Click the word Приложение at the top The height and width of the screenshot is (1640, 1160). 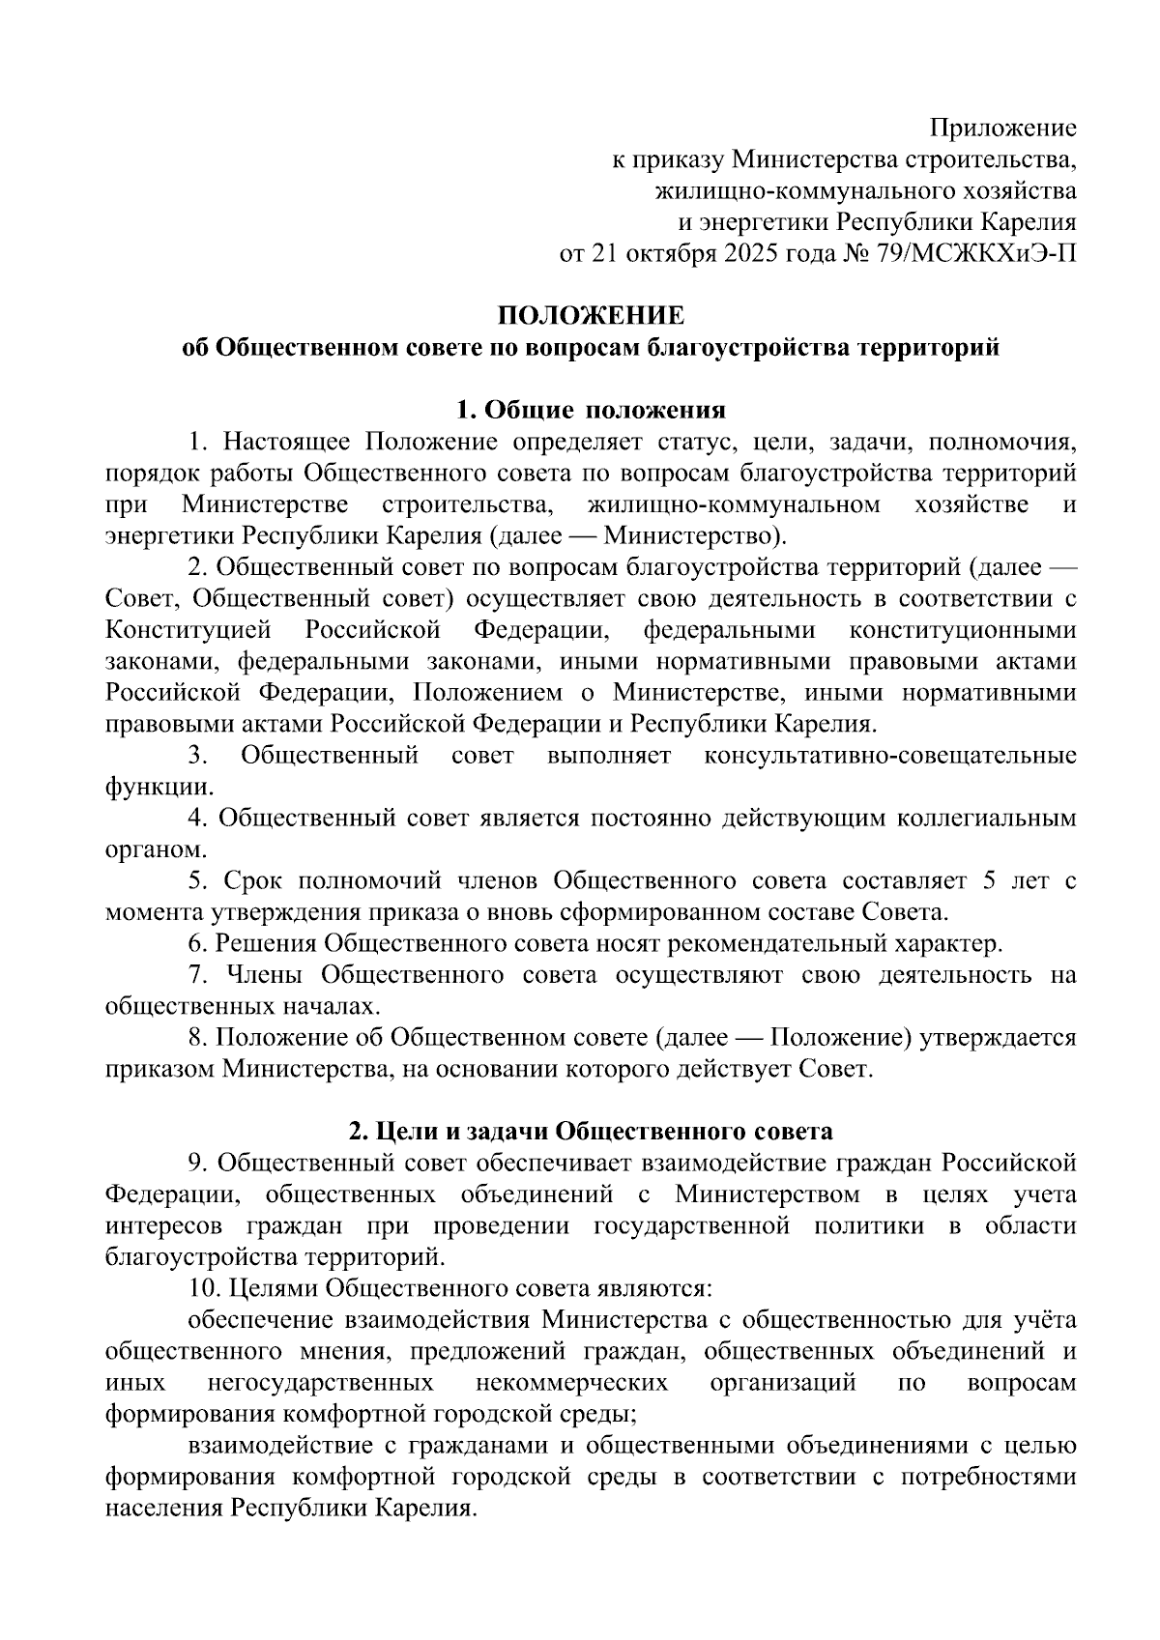1002,128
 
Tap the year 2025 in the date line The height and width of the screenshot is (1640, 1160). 741,254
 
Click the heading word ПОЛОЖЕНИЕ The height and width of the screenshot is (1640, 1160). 591,316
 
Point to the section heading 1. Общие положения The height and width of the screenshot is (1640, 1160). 591,410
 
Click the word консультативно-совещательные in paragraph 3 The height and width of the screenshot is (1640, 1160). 889,756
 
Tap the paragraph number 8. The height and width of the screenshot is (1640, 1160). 198,1037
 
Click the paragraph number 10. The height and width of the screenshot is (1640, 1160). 205,1288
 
